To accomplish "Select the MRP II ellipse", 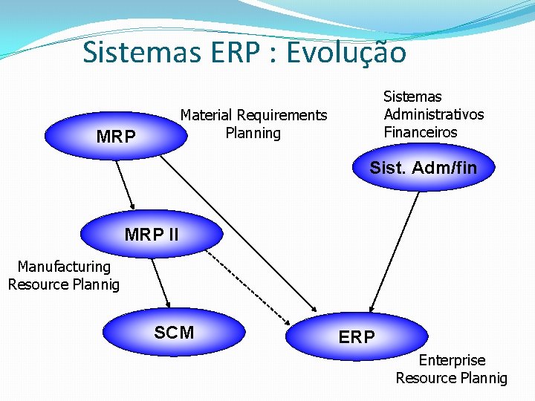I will click(152, 235).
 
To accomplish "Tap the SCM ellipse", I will click(173, 332).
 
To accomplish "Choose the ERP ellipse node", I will click(357, 336).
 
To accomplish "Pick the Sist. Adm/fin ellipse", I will click(423, 168).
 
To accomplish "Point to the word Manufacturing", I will click(64, 266).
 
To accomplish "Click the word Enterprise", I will click(452, 360).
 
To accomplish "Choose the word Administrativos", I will click(433, 114).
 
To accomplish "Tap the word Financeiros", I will click(421, 132).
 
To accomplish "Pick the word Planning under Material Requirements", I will click(253, 133).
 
